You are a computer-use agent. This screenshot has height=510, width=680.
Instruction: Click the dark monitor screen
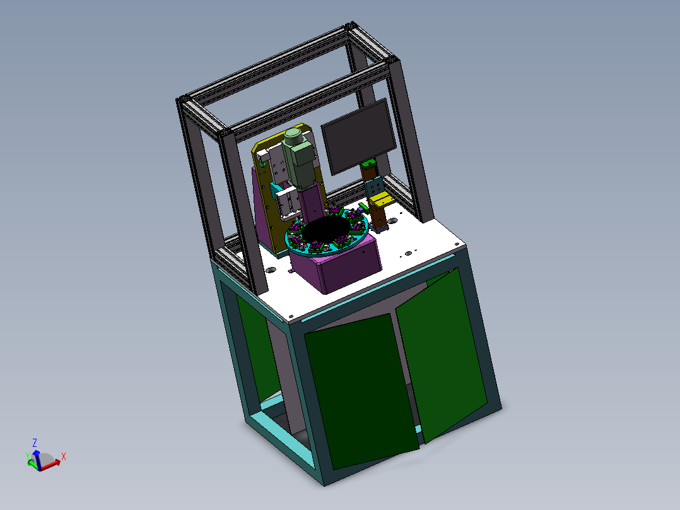358,136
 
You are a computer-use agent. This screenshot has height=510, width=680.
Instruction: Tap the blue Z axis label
35,442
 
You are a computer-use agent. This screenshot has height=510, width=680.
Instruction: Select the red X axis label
64,456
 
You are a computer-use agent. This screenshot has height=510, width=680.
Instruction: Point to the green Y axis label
28,454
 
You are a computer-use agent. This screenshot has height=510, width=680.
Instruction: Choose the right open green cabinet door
442,353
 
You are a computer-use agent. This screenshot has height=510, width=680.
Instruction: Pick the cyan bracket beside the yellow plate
276,189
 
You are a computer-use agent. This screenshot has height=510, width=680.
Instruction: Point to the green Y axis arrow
32,463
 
